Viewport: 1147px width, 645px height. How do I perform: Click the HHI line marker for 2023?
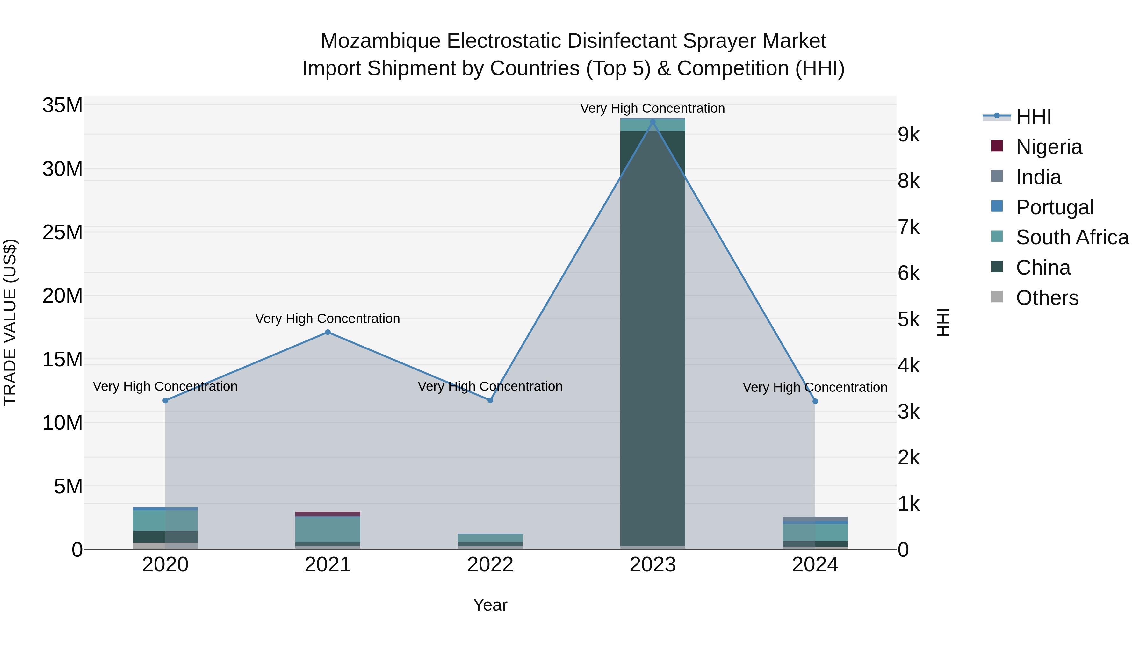(653, 122)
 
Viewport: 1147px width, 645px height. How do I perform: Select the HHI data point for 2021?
(328, 332)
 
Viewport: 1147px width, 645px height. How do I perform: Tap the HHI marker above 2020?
(165, 401)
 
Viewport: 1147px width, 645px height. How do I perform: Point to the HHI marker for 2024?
(815, 401)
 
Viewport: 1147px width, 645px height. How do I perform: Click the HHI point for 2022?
(490, 400)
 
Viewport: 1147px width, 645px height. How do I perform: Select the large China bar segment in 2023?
(653, 338)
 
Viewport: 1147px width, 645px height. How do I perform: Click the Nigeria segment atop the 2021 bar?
(328, 514)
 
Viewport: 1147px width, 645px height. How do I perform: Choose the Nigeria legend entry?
(1049, 147)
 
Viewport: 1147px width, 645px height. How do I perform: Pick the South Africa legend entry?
(1072, 237)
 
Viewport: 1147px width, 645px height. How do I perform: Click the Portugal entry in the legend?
(1054, 207)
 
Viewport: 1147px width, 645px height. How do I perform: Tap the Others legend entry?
(1047, 298)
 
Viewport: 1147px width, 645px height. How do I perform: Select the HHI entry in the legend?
(1033, 117)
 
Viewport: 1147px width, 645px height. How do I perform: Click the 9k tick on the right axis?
(909, 135)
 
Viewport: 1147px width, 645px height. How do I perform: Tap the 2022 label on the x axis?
(490, 565)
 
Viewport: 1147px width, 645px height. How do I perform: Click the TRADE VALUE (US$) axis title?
(10, 322)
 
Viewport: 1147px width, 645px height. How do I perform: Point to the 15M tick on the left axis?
(62, 360)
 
